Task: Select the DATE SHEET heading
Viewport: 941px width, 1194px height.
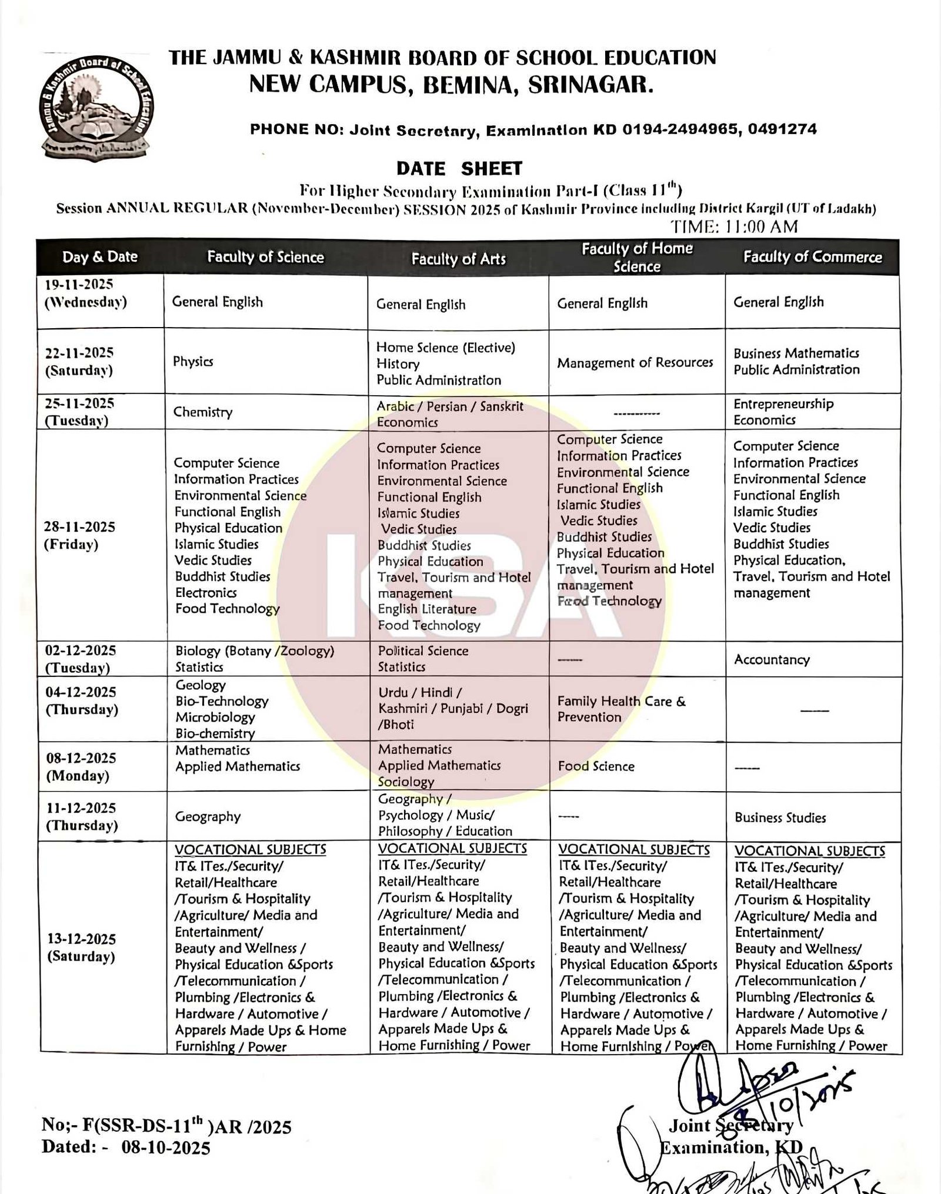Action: tap(459, 169)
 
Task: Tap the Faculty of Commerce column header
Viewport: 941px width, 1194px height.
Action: tap(812, 257)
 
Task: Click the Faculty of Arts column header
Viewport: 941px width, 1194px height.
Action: tap(458, 259)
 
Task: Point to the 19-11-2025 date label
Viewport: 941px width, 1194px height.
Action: tap(79, 285)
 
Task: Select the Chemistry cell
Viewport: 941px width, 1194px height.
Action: tap(203, 412)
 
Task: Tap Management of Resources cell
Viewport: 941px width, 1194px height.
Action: tap(635, 362)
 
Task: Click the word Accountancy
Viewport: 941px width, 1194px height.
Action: tap(772, 659)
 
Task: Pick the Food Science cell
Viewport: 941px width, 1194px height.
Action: tap(596, 766)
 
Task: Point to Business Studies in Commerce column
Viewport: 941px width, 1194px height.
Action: tap(780, 818)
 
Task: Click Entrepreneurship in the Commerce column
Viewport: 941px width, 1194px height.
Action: tap(783, 404)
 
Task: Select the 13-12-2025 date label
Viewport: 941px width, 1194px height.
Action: tap(82, 939)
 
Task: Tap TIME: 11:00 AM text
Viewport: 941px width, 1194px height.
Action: tap(735, 226)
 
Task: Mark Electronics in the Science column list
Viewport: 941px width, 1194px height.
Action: tap(206, 592)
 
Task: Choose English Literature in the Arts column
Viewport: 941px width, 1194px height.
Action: tap(427, 609)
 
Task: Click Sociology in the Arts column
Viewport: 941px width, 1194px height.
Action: tap(406, 782)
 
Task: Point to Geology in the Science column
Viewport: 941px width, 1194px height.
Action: tap(201, 685)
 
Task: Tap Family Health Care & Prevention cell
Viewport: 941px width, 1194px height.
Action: tap(621, 709)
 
